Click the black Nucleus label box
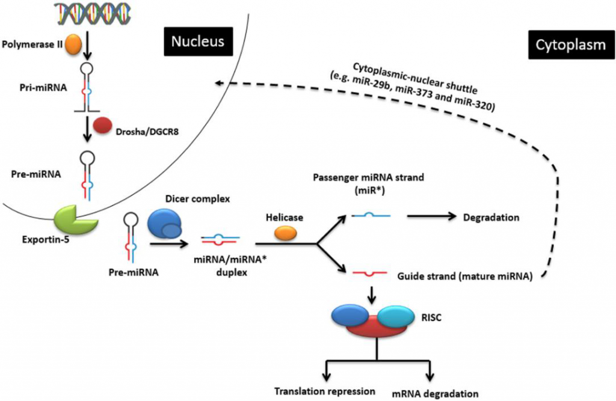[x=197, y=41]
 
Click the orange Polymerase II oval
[x=73, y=44]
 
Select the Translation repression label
[x=325, y=391]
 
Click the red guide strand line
[x=371, y=274]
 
